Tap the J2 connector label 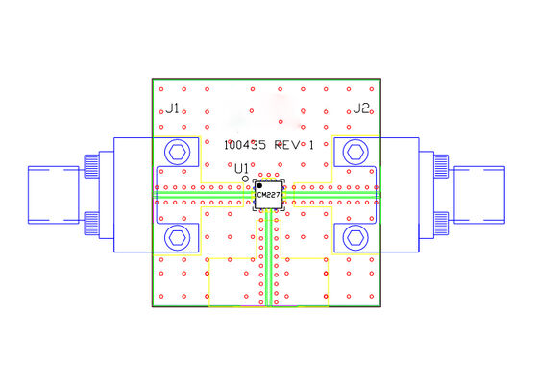tap(360, 108)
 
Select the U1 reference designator tap(241, 169)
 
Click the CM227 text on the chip tap(268, 196)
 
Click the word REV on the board tap(286, 145)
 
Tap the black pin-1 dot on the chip tap(260, 185)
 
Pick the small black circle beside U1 tap(246, 179)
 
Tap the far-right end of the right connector tap(506, 197)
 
